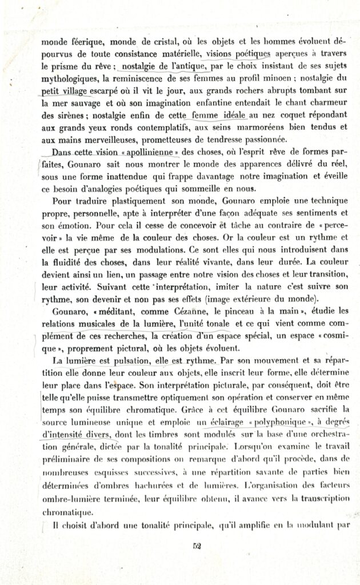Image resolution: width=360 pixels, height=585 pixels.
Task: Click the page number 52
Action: [x=197, y=544]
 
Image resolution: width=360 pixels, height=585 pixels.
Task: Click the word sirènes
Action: [x=67, y=114]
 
